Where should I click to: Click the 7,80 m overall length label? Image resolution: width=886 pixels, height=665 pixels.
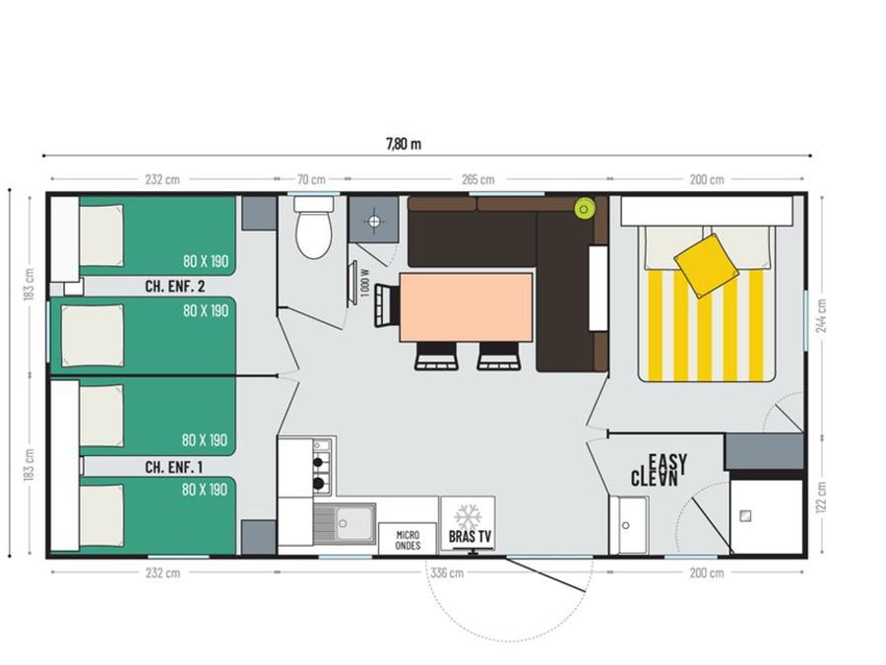point(404,144)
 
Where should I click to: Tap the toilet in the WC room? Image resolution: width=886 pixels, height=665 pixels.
point(314,228)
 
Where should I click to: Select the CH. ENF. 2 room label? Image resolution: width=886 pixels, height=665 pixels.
point(174,286)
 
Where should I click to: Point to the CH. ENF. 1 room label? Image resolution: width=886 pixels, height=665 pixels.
point(173,467)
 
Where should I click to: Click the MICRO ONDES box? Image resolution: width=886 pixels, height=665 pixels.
point(408,539)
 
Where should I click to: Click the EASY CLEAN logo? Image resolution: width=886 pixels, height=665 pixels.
point(659,471)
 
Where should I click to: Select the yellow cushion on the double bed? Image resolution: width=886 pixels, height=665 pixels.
point(706,265)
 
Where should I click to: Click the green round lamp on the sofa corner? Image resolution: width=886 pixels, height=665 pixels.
point(584,209)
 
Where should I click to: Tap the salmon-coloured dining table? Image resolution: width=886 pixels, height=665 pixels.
point(467,307)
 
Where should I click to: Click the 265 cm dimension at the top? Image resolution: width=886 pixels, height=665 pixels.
point(477,180)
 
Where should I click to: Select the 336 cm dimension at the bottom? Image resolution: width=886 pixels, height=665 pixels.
point(447,572)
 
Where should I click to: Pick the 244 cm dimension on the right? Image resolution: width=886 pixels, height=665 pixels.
point(822,315)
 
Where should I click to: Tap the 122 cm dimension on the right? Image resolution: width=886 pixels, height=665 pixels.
point(822,498)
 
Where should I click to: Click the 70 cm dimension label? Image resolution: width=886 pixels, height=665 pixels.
point(311,180)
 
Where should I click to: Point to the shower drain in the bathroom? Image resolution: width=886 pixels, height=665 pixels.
point(745,515)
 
